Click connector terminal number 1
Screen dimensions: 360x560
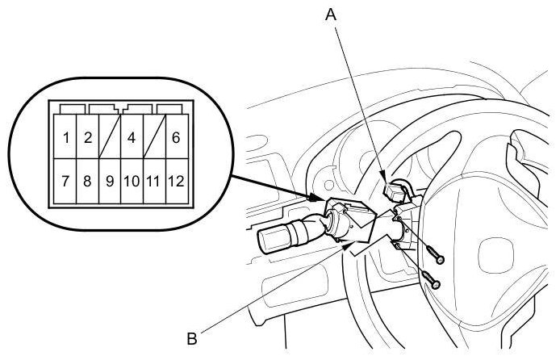pyautogui.click(x=65, y=137)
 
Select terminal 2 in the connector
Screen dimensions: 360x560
pyautogui.click(x=87, y=137)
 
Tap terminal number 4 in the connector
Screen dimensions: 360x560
pyautogui.click(x=131, y=137)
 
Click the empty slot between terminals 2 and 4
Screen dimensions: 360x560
pyautogui.click(x=109, y=137)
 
